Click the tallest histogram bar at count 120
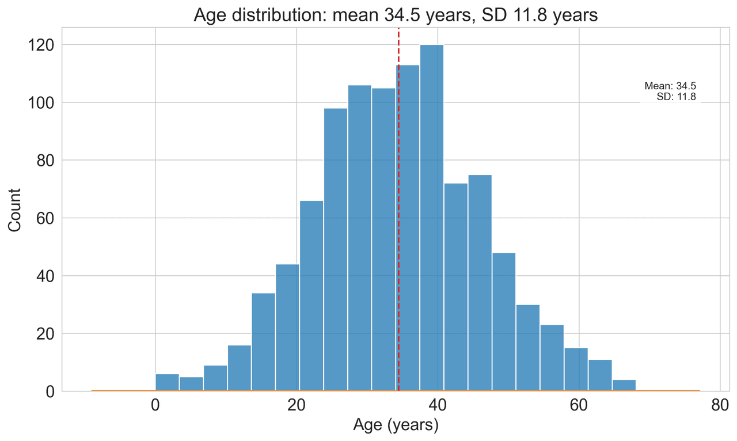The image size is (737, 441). pyautogui.click(x=432, y=219)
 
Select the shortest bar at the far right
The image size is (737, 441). pyautogui.click(x=624, y=386)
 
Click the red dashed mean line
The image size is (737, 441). pyautogui.click(x=398, y=173)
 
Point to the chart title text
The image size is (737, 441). pyautogui.click(x=396, y=15)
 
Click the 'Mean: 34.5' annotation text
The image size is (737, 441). pyautogui.click(x=670, y=86)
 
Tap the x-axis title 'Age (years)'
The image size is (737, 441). pyautogui.click(x=396, y=426)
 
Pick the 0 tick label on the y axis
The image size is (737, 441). pyautogui.click(x=50, y=391)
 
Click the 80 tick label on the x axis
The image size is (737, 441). pyautogui.click(x=720, y=405)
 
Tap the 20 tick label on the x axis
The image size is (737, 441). pyautogui.click(x=297, y=405)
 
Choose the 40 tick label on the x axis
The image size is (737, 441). pyautogui.click(x=438, y=405)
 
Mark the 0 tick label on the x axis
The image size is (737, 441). pyautogui.click(x=155, y=405)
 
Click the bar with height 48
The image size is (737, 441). pyautogui.click(x=504, y=322)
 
